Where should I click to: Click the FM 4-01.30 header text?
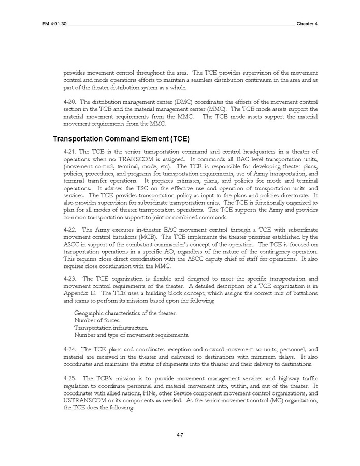(55, 24)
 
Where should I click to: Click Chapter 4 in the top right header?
(307, 24)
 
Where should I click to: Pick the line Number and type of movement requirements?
(132, 335)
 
